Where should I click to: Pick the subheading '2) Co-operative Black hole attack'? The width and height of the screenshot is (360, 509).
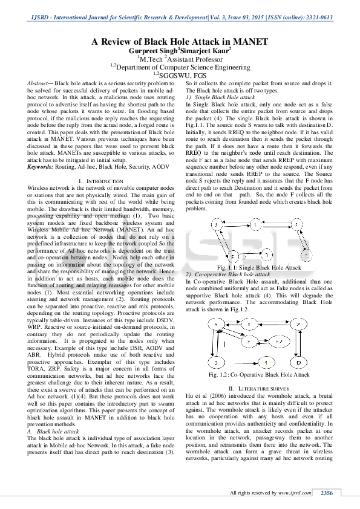point(230,274)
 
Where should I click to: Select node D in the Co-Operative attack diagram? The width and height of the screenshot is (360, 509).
point(298,362)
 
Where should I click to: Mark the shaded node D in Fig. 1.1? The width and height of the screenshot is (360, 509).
point(307,256)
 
